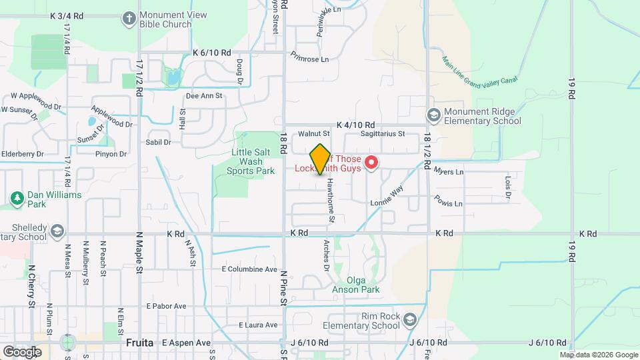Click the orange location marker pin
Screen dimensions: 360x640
tap(321, 159)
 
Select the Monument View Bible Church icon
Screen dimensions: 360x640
tap(129, 18)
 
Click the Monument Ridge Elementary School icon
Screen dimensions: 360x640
tap(434, 116)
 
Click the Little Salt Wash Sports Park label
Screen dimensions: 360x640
tap(253, 161)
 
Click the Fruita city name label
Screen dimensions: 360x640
tap(140, 343)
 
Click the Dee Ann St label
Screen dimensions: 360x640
tap(203, 95)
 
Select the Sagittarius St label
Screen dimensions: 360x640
tap(382, 133)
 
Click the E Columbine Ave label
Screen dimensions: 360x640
tap(249, 269)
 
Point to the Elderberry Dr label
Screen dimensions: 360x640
tap(23, 153)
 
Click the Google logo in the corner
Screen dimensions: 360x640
tap(22, 351)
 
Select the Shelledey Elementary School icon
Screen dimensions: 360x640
tap(58, 231)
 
